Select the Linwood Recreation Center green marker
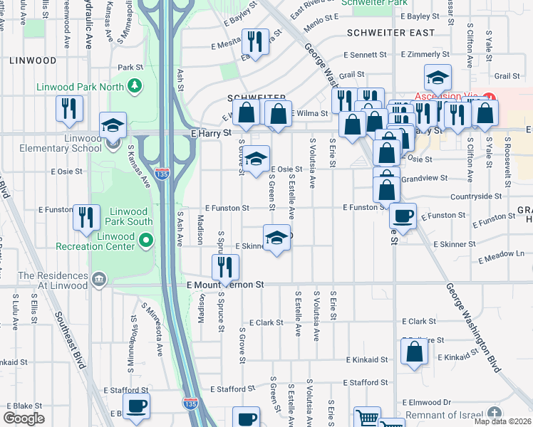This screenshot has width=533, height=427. (x=146, y=241)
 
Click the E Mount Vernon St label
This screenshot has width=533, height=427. (x=225, y=284)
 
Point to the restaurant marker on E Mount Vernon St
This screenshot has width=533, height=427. (x=224, y=267)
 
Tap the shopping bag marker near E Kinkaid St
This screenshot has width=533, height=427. (x=414, y=352)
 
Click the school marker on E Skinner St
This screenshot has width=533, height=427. (x=276, y=238)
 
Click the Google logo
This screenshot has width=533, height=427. (x=24, y=418)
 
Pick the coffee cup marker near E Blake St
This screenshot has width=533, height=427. (x=136, y=406)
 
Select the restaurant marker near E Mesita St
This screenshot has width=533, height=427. (x=254, y=42)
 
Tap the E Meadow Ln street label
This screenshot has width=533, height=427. (x=501, y=253)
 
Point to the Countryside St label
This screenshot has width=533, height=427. (x=476, y=196)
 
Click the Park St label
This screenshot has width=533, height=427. (x=131, y=68)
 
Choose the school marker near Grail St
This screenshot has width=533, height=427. (x=438, y=77)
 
